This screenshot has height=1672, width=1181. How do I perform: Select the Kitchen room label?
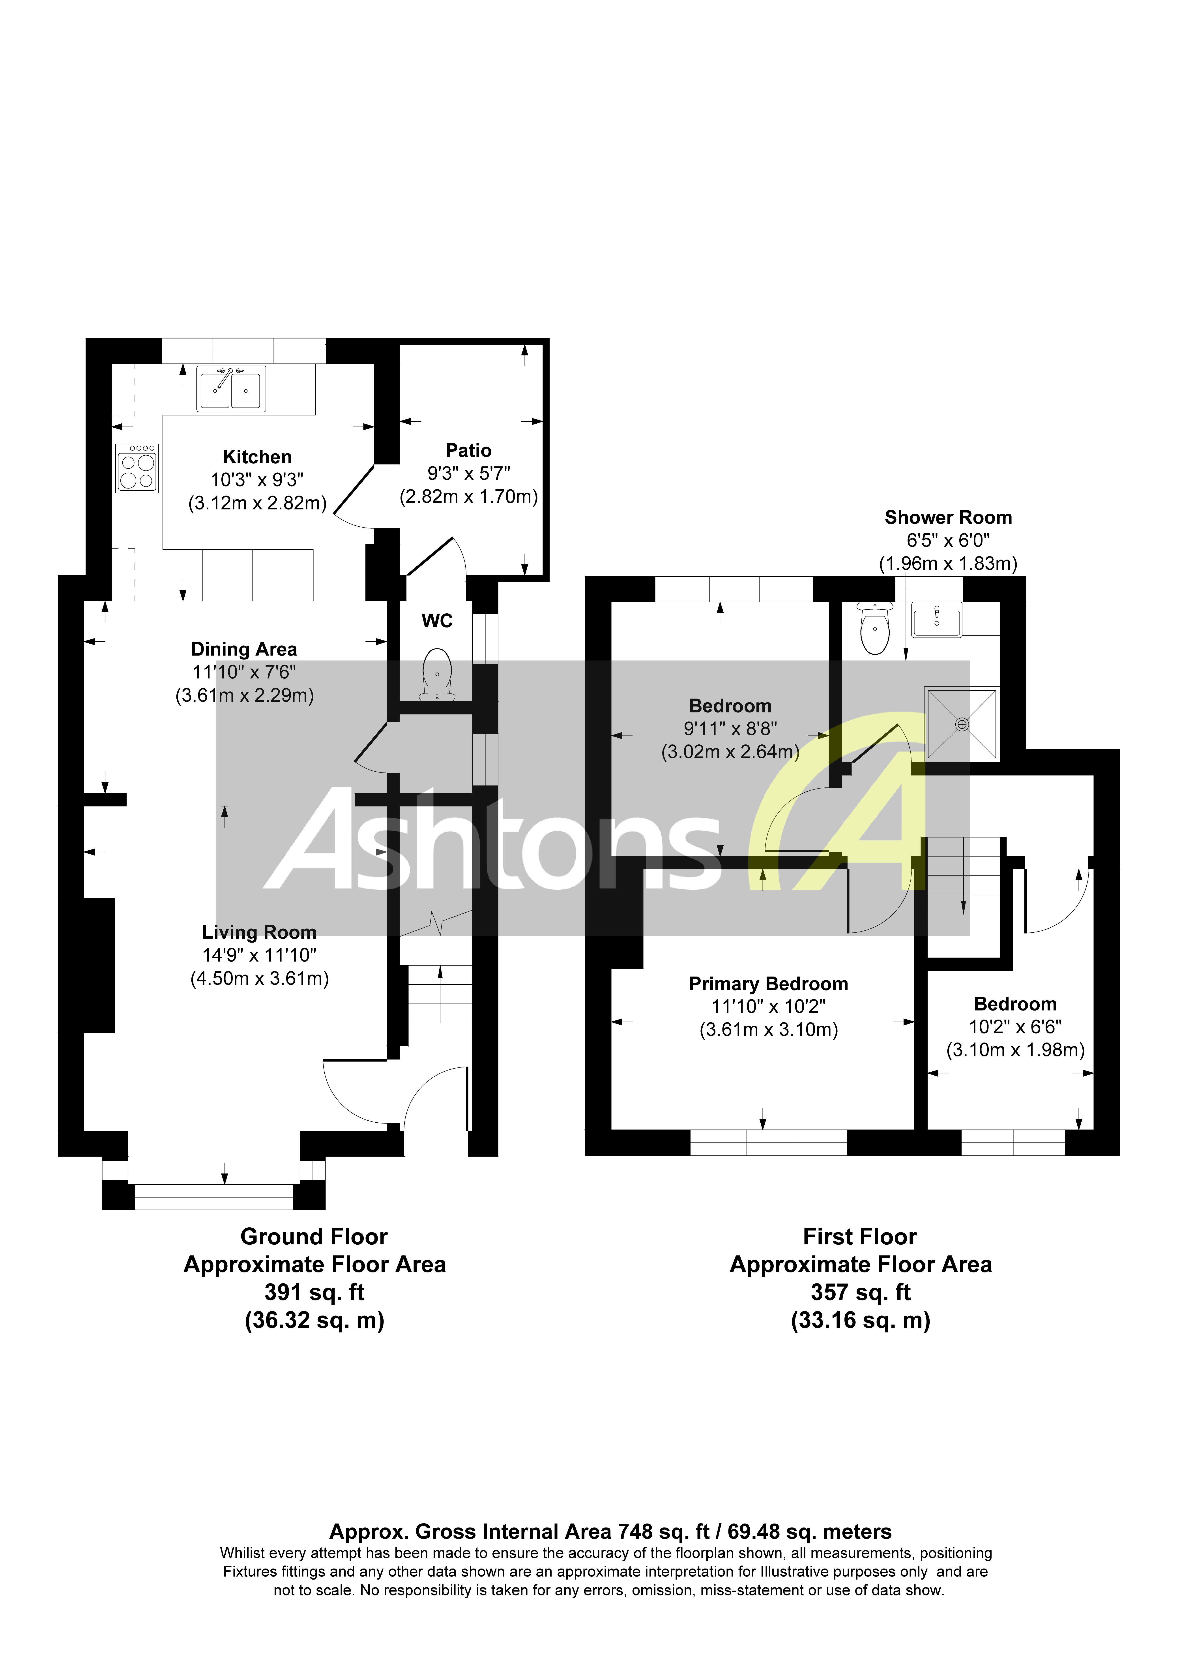(257, 457)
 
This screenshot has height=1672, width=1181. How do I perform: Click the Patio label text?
(468, 450)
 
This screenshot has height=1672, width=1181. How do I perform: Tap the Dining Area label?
(244, 649)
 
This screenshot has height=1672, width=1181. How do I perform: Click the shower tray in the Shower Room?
(961, 723)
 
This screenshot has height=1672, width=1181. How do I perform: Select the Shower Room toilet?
(874, 629)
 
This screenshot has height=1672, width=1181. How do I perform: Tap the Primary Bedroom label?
(768, 984)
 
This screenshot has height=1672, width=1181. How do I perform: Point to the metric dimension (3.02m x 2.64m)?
(730, 751)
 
